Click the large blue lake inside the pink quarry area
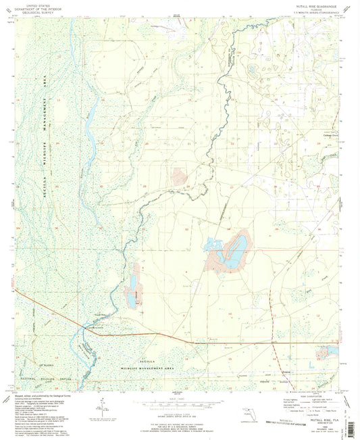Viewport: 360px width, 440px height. (232, 253)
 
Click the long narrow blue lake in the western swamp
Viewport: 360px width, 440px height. (90, 139)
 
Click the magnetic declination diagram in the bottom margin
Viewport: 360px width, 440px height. (101, 410)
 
